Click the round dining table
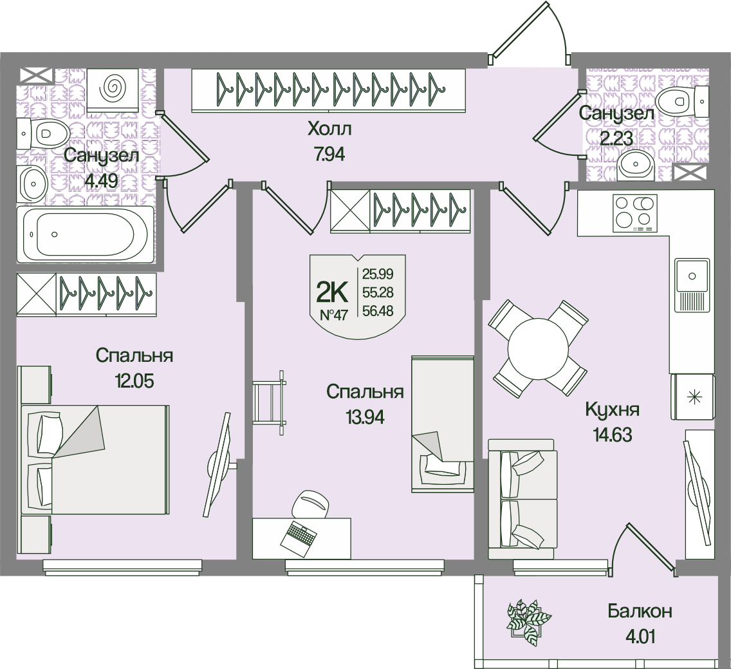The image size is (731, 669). pyautogui.click(x=540, y=350)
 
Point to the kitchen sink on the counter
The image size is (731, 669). pyautogui.click(x=692, y=284)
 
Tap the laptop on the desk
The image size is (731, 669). pyautogui.click(x=299, y=535)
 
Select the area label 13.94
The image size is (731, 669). pyautogui.click(x=365, y=417)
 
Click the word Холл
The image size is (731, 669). pyautogui.click(x=329, y=129)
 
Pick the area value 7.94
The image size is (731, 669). pyautogui.click(x=329, y=155)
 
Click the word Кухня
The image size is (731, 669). pyautogui.click(x=612, y=410)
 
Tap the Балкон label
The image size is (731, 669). pyautogui.click(x=640, y=611)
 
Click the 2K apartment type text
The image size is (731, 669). pyautogui.click(x=332, y=292)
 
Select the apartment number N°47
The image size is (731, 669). pyautogui.click(x=333, y=316)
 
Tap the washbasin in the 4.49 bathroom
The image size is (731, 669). pyautogui.click(x=32, y=183)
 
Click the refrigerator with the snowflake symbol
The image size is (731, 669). pyautogui.click(x=693, y=397)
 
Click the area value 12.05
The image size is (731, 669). pyautogui.click(x=135, y=381)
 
